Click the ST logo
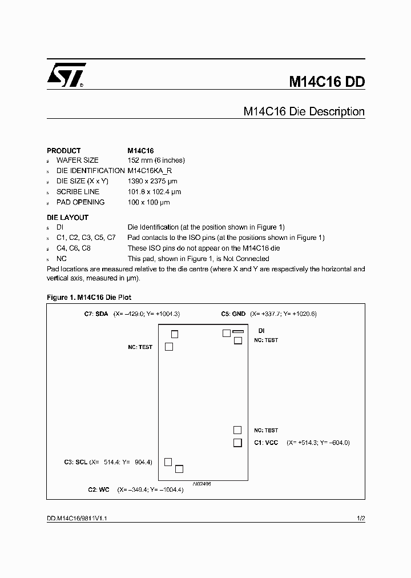point(66,75)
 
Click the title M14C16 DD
point(327,81)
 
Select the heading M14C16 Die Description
point(304,111)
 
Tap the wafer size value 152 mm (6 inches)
point(156,160)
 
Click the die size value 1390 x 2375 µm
point(154,181)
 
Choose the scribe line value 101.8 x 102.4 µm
point(154,192)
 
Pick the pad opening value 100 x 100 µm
point(148,202)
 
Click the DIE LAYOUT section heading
point(67,218)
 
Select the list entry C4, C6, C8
point(73,248)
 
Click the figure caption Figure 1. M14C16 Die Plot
point(89,298)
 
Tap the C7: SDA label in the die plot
point(96,314)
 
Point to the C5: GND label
point(233,314)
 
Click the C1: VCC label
point(266,443)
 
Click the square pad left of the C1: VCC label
point(237,443)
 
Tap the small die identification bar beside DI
point(238,331)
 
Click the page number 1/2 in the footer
point(360,519)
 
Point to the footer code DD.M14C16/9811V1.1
point(83,519)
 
